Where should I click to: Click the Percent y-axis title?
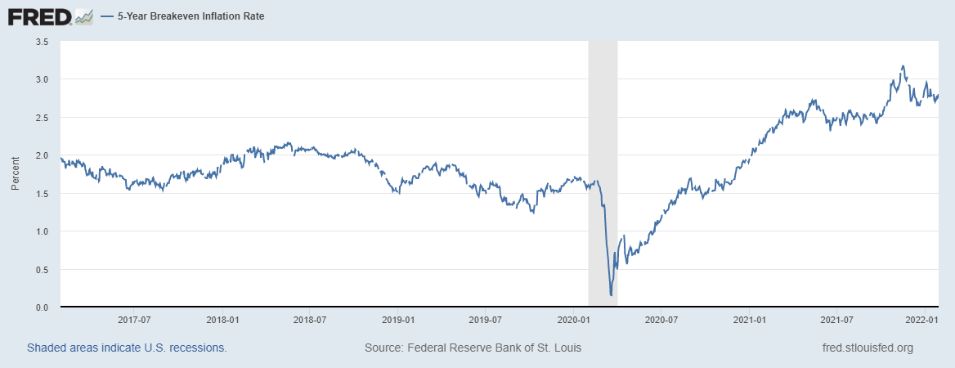point(15,174)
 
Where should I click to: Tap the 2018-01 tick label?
point(222,320)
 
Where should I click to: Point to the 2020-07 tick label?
point(661,320)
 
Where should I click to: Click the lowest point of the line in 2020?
point(611,294)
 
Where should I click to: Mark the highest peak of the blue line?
point(903,66)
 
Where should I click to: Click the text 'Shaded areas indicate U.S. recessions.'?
point(127,348)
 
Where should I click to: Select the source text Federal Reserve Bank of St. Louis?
point(473,348)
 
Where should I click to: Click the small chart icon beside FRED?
point(83,16)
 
